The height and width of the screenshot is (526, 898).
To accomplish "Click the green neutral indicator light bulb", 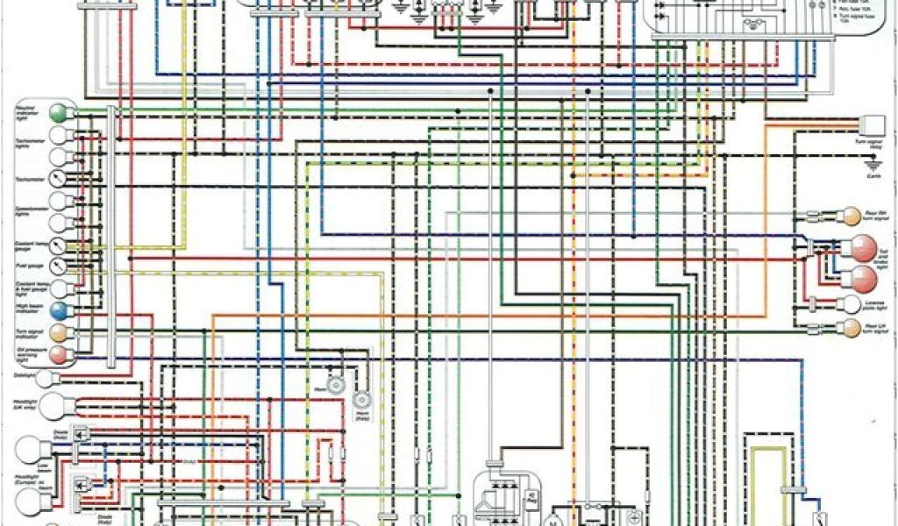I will [x=59, y=113].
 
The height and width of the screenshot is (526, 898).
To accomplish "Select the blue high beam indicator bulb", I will [x=59, y=309].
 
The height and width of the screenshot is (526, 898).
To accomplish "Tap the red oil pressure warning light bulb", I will [x=59, y=353].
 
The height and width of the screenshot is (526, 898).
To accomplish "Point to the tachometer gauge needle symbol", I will [x=59, y=178].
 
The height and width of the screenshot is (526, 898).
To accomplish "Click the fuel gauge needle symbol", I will [x=59, y=264].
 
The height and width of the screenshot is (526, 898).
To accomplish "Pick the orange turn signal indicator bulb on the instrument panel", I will [x=59, y=332].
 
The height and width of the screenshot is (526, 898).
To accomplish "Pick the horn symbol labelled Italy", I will [x=361, y=402].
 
